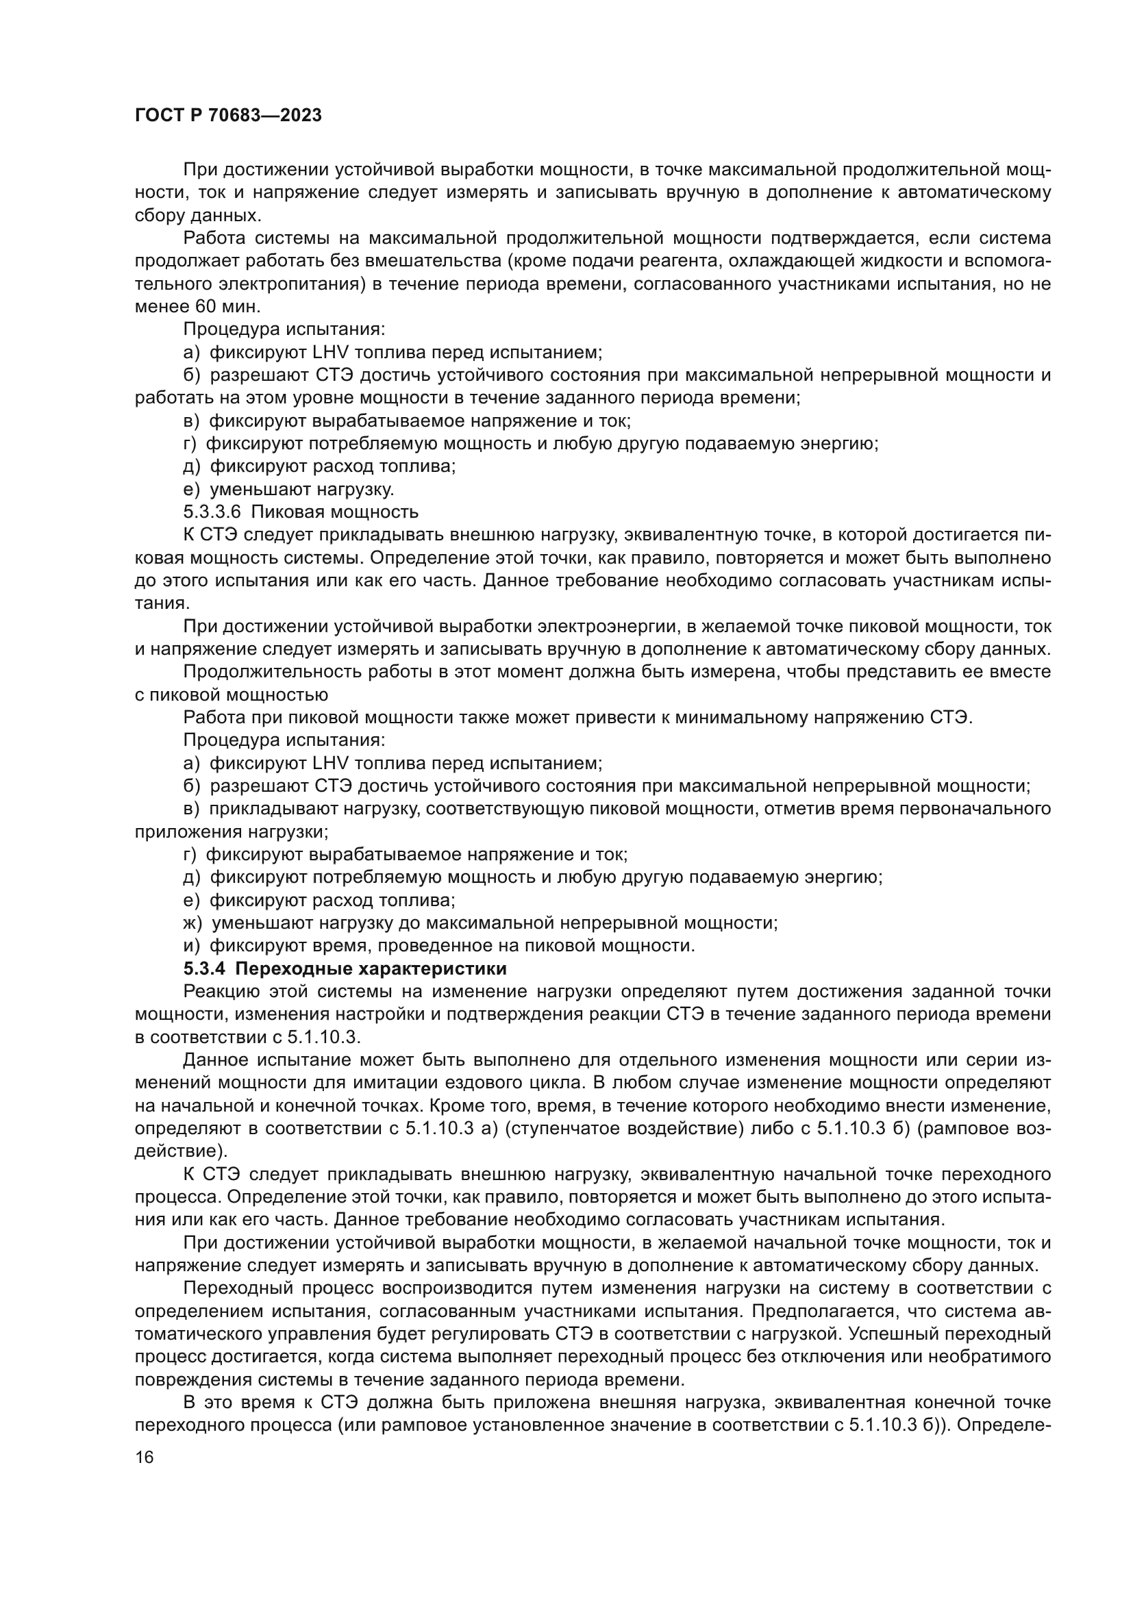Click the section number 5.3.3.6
212,512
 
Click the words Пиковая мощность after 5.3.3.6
335,512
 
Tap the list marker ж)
192,923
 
